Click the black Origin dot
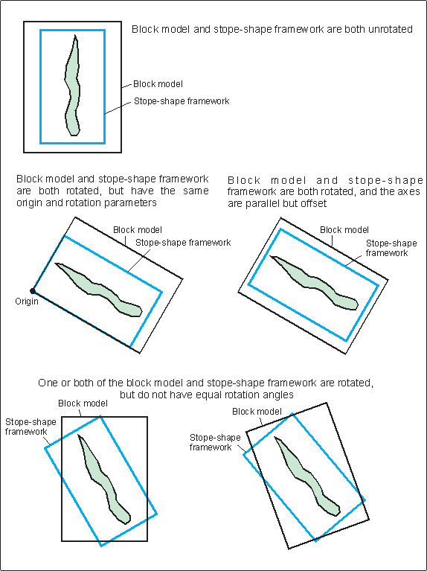[x=33, y=290]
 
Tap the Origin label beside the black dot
[x=27, y=302]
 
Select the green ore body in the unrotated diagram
[x=72, y=86]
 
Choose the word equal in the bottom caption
[x=210, y=395]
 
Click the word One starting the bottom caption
[x=48, y=383]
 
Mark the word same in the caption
[x=198, y=191]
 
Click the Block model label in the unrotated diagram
[x=158, y=84]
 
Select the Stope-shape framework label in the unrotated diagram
[x=182, y=101]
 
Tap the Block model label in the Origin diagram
[x=138, y=230]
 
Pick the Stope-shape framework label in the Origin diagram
[x=183, y=242]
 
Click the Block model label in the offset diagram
[x=344, y=230]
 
